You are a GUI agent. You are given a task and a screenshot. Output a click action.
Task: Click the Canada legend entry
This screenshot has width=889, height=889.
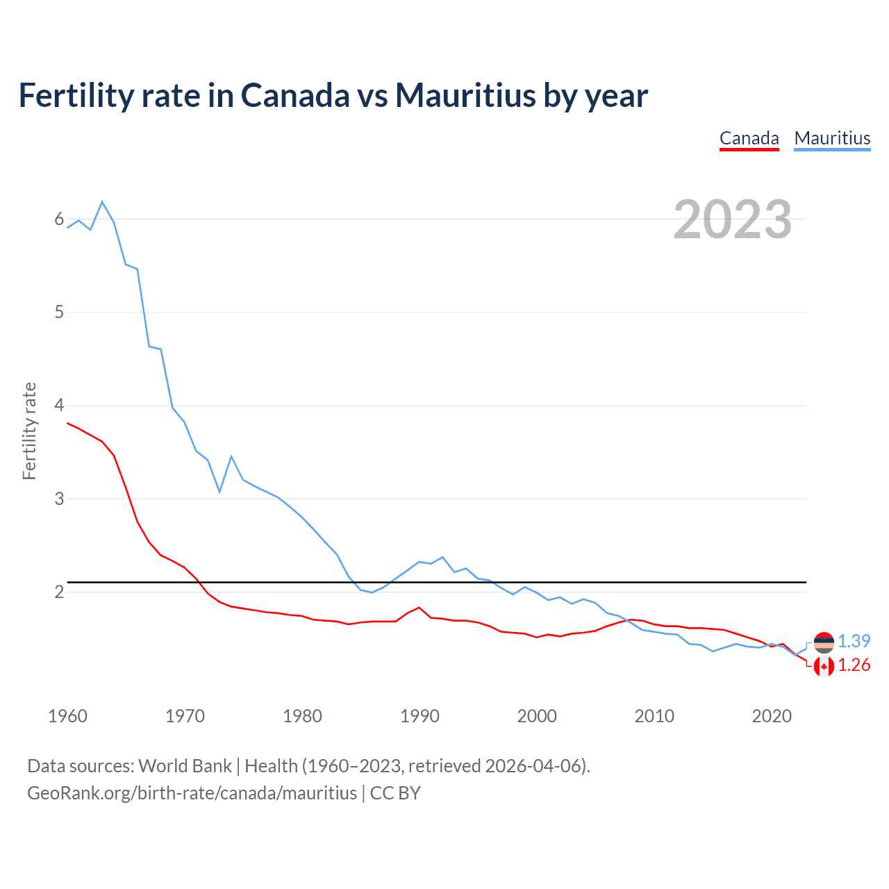click(x=749, y=138)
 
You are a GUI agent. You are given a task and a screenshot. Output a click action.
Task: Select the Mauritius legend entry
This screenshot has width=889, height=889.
click(x=832, y=138)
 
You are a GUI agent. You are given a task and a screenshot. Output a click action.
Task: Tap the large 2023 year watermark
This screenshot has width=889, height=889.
click(x=733, y=219)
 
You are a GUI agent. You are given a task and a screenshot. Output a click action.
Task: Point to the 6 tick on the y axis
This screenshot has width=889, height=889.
click(x=59, y=219)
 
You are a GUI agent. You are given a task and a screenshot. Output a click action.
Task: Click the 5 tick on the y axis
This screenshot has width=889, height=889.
click(x=59, y=313)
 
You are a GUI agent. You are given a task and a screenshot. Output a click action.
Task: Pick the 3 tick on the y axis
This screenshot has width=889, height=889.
click(x=59, y=499)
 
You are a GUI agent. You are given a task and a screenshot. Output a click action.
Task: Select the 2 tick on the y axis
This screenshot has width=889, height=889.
click(x=59, y=592)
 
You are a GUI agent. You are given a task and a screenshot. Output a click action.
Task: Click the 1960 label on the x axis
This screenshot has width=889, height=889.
click(x=67, y=716)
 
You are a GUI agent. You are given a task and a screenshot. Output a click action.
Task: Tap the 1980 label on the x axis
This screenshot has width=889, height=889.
click(x=302, y=716)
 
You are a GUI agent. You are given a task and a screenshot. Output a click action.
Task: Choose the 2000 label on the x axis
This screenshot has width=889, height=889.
click(x=537, y=716)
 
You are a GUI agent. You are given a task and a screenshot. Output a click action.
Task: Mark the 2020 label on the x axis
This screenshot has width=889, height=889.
click(x=772, y=716)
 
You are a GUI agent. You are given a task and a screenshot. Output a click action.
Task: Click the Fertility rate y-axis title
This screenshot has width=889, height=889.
click(x=29, y=431)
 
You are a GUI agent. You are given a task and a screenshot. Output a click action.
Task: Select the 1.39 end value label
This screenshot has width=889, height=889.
click(x=854, y=641)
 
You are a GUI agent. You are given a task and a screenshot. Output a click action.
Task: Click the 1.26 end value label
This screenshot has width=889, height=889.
click(x=854, y=665)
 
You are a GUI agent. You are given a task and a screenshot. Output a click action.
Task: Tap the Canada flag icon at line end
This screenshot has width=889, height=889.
click(x=824, y=667)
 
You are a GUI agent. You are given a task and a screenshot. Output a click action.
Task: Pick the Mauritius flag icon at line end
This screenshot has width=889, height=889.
click(x=824, y=642)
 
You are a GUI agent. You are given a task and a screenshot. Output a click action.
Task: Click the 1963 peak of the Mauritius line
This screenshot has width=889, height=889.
click(x=102, y=202)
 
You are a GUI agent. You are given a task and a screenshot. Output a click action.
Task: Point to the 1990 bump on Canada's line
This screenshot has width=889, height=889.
click(x=419, y=608)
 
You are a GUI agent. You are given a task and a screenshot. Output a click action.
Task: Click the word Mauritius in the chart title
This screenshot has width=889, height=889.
click(x=466, y=95)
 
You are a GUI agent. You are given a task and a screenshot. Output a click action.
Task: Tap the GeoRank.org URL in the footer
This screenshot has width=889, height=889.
click(x=192, y=793)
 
